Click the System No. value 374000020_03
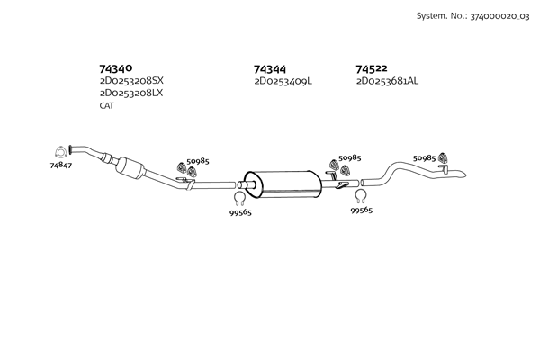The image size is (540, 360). [493, 16]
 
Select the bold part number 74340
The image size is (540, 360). [116, 68]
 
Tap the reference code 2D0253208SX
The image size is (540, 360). [131, 80]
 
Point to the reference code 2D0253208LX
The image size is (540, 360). [131, 93]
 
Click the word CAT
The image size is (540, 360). [107, 105]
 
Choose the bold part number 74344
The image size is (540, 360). [271, 68]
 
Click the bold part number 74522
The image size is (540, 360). [372, 68]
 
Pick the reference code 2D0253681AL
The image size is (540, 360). [387, 81]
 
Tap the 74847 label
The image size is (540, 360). [61, 166]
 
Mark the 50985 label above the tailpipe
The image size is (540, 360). [424, 157]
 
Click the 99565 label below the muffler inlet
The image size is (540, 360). [241, 213]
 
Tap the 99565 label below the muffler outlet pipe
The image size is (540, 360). [361, 210]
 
